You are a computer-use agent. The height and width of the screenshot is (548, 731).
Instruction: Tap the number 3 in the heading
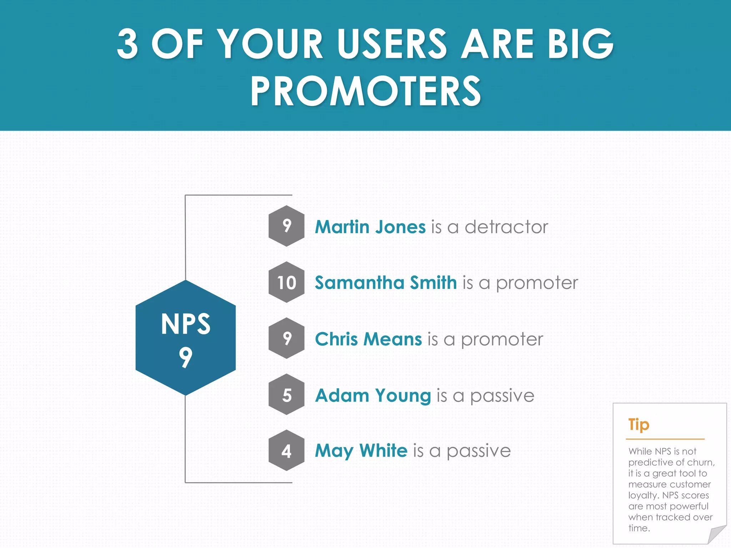pyautogui.click(x=127, y=44)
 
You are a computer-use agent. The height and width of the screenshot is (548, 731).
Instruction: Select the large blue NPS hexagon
pyautogui.click(x=186, y=338)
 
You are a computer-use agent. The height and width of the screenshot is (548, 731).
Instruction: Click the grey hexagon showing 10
pyautogui.click(x=287, y=283)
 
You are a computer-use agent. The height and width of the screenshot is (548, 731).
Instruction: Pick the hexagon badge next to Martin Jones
pyautogui.click(x=287, y=226)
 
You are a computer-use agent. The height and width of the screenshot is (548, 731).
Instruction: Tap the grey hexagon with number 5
pyautogui.click(x=287, y=395)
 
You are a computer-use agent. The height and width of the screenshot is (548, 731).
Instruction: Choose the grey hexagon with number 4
pyautogui.click(x=287, y=451)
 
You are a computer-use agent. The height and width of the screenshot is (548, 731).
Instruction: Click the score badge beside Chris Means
pyautogui.click(x=287, y=339)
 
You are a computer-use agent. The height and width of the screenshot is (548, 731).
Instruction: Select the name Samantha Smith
pyautogui.click(x=385, y=283)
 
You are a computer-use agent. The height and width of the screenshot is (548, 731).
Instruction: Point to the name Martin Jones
pyautogui.click(x=370, y=227)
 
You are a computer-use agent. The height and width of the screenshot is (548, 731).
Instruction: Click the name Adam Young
pyautogui.click(x=373, y=395)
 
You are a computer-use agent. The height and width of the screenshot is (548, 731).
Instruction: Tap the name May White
pyautogui.click(x=361, y=451)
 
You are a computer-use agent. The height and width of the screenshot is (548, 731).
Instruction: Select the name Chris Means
pyautogui.click(x=368, y=339)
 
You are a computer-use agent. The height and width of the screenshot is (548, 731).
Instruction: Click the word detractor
pyautogui.click(x=506, y=227)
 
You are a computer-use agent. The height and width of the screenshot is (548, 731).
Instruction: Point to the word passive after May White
pyautogui.click(x=479, y=451)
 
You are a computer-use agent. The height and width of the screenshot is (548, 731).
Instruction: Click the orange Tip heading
pyautogui.click(x=639, y=425)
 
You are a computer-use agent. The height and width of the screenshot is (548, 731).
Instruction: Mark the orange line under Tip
pyautogui.click(x=665, y=439)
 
